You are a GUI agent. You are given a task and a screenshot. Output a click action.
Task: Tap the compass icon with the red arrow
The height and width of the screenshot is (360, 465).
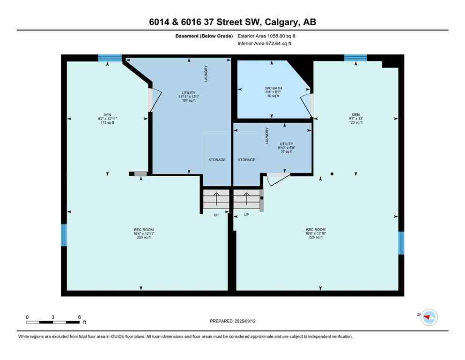429,317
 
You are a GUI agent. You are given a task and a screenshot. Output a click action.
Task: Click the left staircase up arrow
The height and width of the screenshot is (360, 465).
216,199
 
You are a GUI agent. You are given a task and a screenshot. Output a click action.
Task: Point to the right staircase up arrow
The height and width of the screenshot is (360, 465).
246,199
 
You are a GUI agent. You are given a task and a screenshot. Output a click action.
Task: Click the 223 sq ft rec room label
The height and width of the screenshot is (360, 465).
144,233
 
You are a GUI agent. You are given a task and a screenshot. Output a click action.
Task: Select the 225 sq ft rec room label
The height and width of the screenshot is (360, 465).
316,233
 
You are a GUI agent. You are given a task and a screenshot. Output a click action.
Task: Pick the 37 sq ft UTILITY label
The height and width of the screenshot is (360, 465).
286,148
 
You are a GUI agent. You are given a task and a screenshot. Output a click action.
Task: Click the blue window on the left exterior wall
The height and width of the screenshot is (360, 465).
64,235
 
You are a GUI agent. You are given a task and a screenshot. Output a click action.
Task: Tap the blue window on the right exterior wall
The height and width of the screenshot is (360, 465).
401,243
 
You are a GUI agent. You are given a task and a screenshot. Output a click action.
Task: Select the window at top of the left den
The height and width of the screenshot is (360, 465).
110,58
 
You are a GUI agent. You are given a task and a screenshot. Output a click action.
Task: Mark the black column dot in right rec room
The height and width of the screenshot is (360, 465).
332,174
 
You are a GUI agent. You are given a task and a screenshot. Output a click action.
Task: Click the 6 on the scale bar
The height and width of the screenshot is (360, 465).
79,317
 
